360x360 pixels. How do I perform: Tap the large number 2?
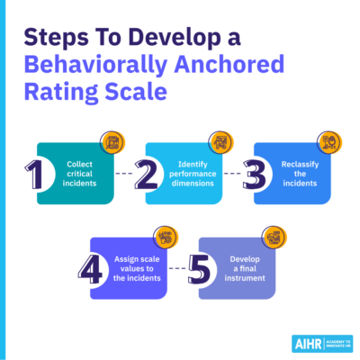click(x=146, y=175)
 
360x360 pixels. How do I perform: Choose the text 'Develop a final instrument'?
click(x=245, y=268)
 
